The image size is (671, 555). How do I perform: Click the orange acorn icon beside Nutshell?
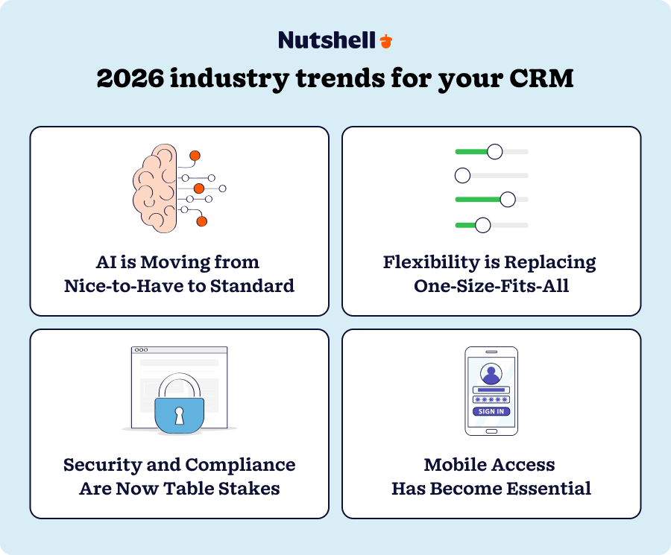(x=385, y=41)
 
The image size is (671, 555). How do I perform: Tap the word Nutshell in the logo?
(x=327, y=40)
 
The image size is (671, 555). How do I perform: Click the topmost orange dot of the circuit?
(x=195, y=156)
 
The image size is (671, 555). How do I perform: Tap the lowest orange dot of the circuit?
(x=201, y=221)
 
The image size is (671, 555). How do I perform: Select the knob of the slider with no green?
(x=462, y=176)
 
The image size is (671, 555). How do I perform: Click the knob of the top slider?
(x=494, y=152)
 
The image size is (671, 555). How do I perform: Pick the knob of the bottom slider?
(x=482, y=225)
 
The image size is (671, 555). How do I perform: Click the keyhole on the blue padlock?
(x=179, y=415)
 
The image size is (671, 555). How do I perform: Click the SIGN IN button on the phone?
(x=491, y=411)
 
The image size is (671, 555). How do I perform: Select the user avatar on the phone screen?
(x=491, y=373)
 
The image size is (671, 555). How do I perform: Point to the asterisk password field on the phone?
(x=491, y=400)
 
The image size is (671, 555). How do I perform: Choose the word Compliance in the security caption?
(x=240, y=466)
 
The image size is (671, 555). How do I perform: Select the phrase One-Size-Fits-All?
(x=491, y=286)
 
